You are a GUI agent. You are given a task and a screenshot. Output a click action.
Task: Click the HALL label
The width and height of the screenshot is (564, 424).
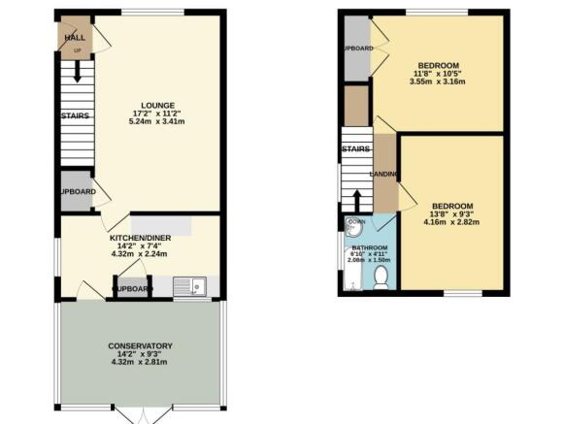click(x=74, y=37)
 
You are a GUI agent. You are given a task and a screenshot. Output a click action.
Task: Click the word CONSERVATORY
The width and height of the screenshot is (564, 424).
click(x=142, y=346)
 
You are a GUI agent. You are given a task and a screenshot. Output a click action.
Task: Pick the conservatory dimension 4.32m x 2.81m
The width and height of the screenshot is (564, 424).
click(x=142, y=363)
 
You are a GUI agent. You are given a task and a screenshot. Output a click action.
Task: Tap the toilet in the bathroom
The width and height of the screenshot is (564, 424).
click(x=380, y=278)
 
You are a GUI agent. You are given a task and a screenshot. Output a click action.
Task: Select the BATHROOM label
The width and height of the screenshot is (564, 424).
click(x=369, y=248)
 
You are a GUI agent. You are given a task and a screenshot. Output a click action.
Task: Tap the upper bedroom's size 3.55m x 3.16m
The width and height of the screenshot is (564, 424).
click(x=438, y=82)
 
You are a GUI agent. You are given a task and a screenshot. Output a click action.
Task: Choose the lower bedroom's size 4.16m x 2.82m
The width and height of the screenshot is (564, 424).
click(x=452, y=222)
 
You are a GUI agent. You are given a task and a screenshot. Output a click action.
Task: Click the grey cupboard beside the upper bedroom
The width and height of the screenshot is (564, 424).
click(x=356, y=48)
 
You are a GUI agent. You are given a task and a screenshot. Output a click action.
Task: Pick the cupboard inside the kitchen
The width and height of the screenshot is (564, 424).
click(x=132, y=289)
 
